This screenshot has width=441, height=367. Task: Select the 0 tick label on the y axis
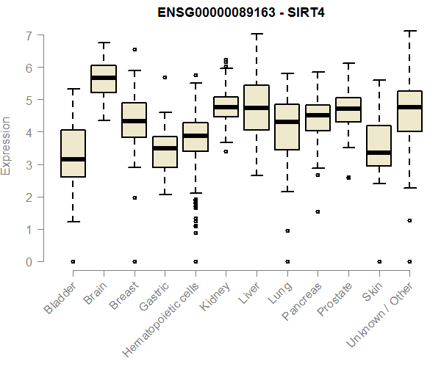29,261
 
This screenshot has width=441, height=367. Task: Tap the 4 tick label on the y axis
29,132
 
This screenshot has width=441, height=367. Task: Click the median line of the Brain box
104,77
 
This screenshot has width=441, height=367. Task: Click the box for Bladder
73,153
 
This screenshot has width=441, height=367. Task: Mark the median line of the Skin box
379,153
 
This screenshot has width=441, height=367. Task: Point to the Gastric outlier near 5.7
165,77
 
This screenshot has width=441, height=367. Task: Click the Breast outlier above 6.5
135,50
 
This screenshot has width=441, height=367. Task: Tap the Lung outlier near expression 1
287,230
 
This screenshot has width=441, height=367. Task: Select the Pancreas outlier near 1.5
318,211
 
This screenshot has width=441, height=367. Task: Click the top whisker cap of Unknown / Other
409,31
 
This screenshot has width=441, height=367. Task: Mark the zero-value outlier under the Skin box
379,261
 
